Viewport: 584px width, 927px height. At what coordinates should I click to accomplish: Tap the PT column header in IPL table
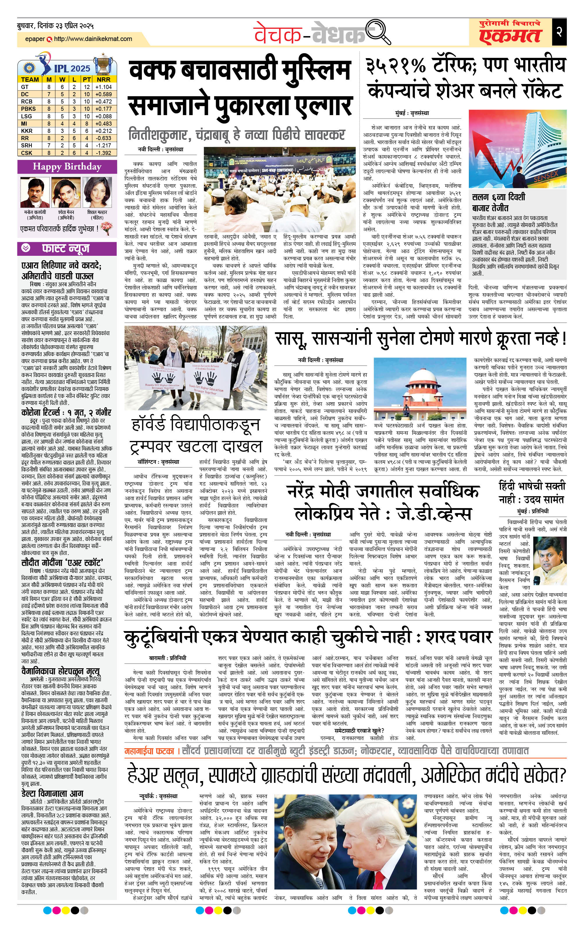87,80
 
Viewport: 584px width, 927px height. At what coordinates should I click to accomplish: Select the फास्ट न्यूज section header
65,249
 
